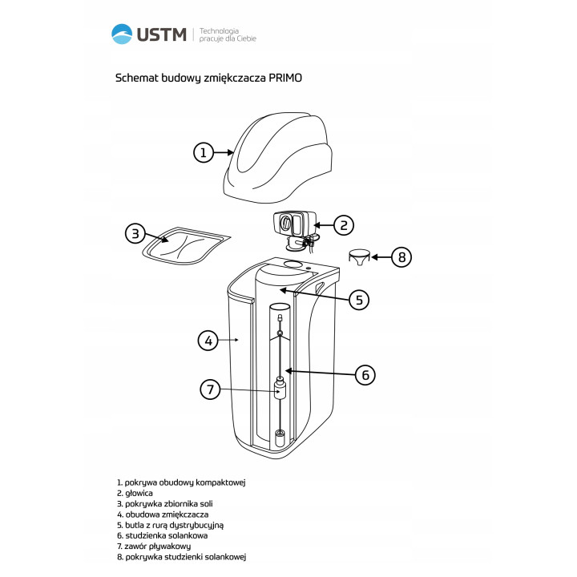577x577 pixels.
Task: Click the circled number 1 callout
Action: (204, 152)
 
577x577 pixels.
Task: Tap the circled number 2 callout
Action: (344, 225)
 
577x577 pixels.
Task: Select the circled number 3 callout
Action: (135, 233)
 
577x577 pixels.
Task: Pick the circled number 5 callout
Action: (359, 300)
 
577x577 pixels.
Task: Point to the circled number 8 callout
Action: (401, 257)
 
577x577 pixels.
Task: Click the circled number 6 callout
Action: (365, 375)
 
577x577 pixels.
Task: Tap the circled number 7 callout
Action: (210, 389)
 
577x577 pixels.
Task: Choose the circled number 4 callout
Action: (208, 341)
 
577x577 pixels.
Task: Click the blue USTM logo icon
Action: (122, 34)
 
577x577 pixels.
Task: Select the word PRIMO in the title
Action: (285, 78)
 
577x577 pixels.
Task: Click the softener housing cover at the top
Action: (278, 158)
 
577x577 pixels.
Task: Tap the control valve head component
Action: (296, 231)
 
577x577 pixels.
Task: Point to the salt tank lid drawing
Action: (186, 245)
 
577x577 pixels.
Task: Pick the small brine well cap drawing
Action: (360, 257)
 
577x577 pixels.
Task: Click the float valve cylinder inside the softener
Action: (280, 390)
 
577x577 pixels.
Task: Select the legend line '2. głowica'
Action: (135, 493)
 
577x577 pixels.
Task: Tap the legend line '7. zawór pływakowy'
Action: (154, 546)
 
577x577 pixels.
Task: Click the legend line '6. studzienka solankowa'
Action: (162, 535)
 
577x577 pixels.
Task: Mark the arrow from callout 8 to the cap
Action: (381, 257)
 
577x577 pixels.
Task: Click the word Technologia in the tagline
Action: (219, 31)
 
